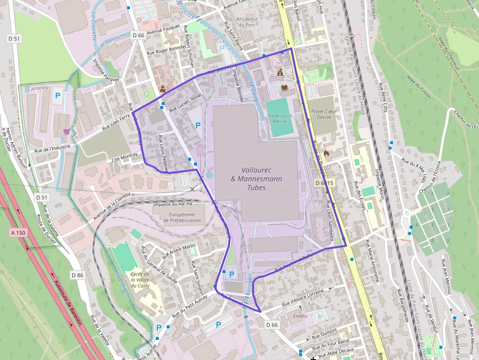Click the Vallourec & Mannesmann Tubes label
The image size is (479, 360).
(x=256, y=178)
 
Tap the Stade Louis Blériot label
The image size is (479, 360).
(x=280, y=119)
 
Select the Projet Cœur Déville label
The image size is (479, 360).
(x=325, y=114)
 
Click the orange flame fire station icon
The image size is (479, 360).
(x=327, y=153)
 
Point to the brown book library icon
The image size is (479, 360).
(x=284, y=87)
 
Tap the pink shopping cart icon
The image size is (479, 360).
(x=66, y=131)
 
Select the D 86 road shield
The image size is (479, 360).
(x=77, y=275)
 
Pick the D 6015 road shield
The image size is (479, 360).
(x=324, y=183)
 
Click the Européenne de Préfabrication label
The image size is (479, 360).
(x=185, y=217)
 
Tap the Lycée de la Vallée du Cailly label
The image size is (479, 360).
(x=140, y=280)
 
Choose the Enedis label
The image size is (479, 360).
(x=300, y=316)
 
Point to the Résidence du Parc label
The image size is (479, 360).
(x=246, y=21)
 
